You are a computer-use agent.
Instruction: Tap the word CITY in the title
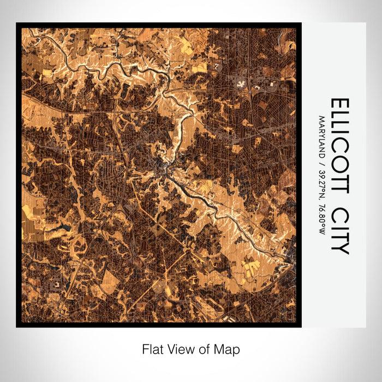(x=339, y=230)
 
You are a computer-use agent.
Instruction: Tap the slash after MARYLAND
(x=323, y=161)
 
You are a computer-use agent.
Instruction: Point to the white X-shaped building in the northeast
(x=241, y=83)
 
